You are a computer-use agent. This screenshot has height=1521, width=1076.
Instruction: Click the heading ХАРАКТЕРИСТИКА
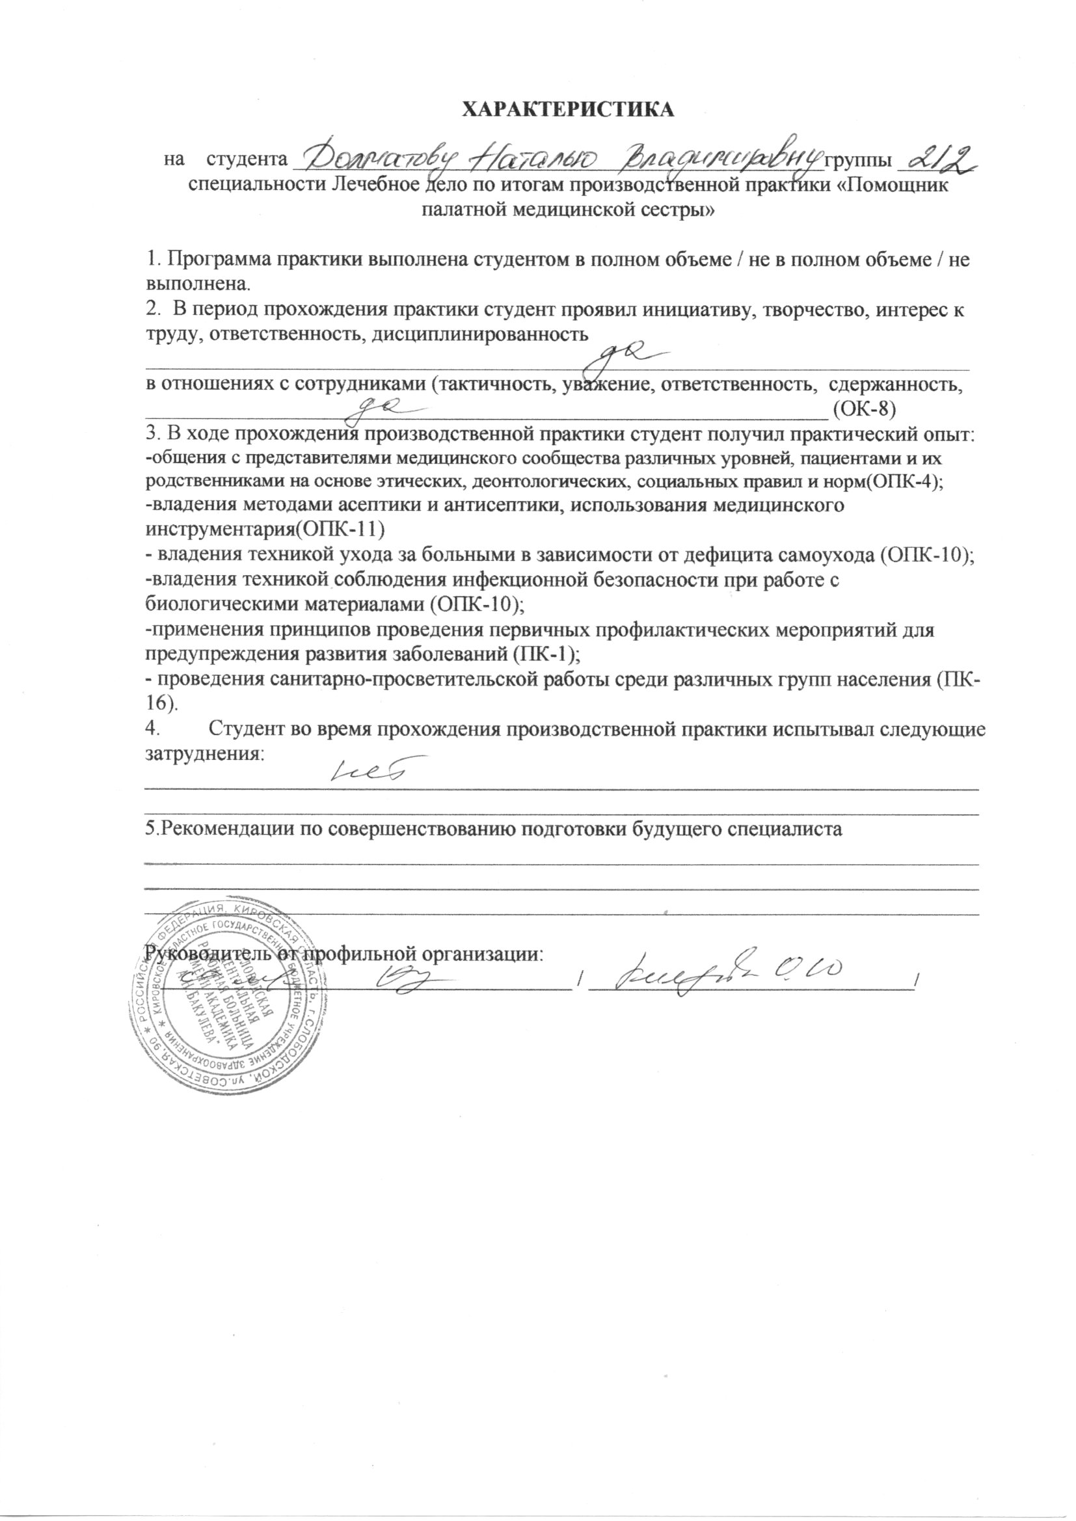pos(568,109)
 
